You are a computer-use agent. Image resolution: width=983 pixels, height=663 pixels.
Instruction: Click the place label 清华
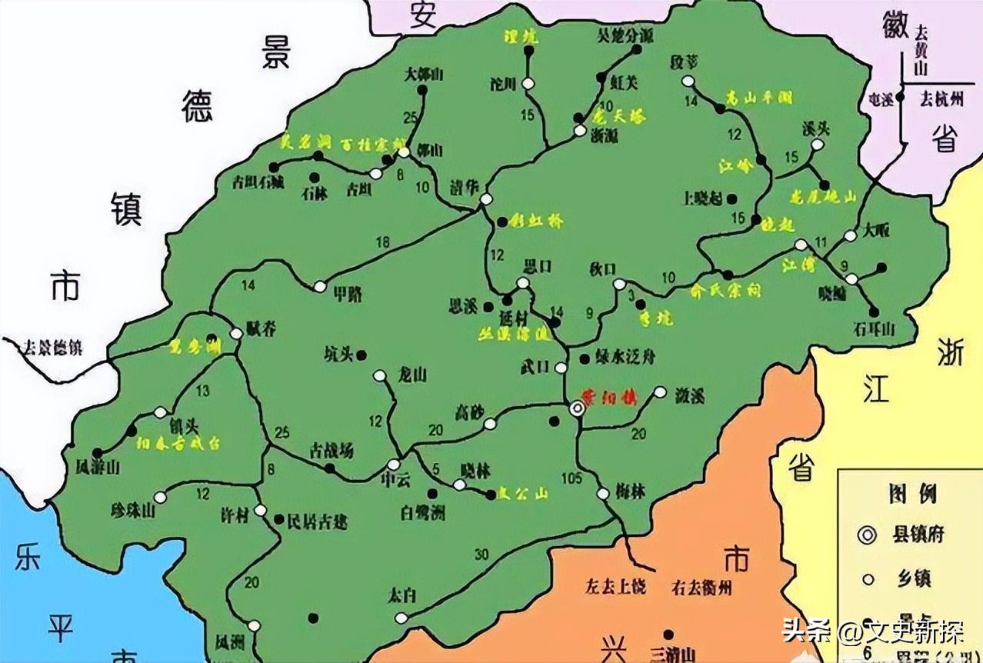coord(465,187)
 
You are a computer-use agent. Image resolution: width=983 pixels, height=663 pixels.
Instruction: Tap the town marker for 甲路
coord(320,286)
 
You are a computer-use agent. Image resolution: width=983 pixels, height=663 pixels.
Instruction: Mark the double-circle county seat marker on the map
coord(577,410)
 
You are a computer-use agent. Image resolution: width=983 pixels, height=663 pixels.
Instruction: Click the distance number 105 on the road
coord(571,478)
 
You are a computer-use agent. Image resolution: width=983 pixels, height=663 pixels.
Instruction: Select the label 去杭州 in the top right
coord(942,98)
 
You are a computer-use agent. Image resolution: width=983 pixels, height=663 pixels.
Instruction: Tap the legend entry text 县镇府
coord(918,534)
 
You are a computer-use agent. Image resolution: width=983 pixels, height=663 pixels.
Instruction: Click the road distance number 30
coord(482,555)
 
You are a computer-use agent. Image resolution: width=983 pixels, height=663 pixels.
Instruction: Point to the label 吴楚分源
coord(625,35)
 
